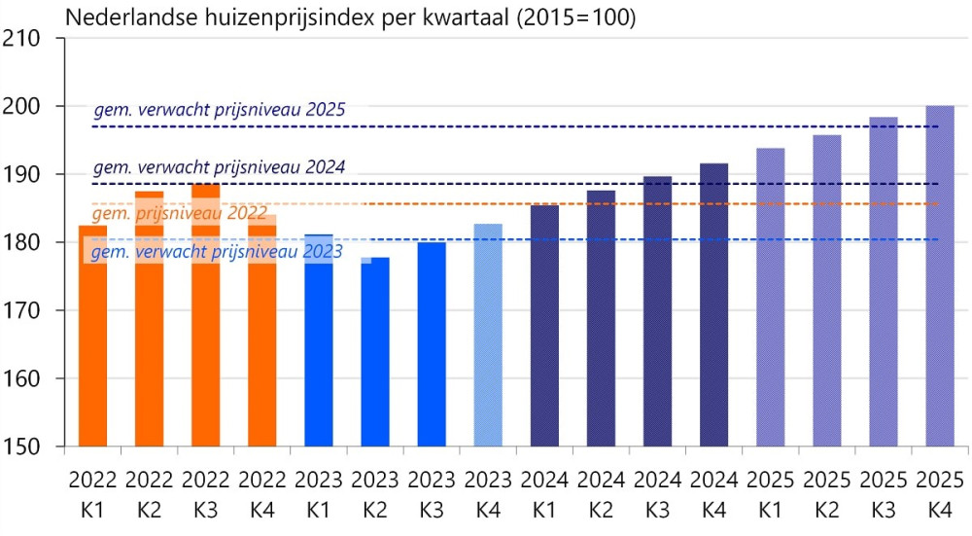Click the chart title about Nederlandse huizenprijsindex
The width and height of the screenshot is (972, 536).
coord(350,18)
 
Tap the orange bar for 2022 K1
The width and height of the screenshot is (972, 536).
coord(92,340)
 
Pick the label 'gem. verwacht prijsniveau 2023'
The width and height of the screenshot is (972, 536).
coord(217,252)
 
